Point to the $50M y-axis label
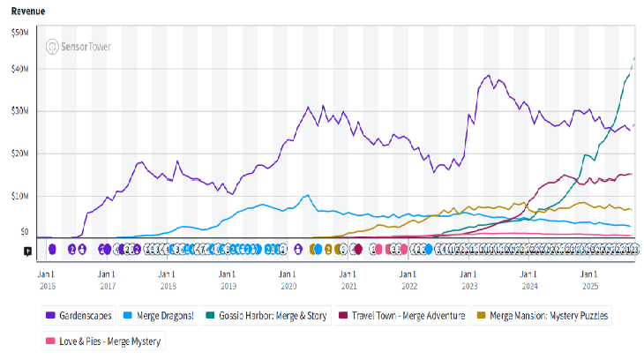point(18,32)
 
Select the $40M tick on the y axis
point(18,69)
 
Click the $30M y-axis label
point(18,111)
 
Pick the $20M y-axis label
point(18,153)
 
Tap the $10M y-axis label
point(18,195)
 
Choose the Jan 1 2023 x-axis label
point(468,278)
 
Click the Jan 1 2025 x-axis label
point(589,278)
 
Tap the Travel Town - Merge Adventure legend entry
point(408,315)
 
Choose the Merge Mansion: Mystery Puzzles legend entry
point(543,315)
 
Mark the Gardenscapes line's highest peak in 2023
point(488,76)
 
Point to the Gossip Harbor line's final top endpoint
point(635,58)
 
